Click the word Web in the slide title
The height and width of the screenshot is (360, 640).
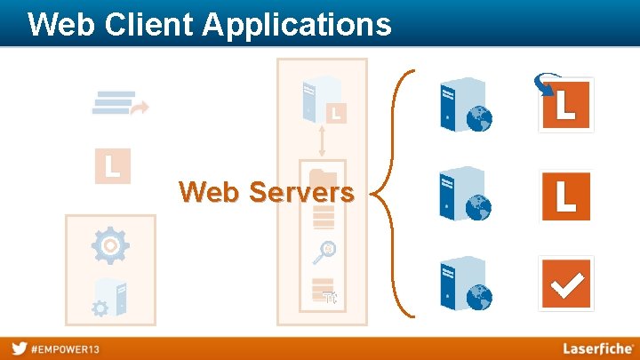[59, 24]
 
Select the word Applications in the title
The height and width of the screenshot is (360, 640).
[297, 24]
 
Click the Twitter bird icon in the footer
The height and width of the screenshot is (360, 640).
[19, 348]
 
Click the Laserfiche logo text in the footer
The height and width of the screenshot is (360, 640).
[597, 348]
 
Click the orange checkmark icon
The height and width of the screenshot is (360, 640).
[566, 284]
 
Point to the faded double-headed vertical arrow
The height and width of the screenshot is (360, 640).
[322, 140]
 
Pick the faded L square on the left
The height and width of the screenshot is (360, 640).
[113, 165]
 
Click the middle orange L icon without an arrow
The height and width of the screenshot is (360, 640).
[566, 195]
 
